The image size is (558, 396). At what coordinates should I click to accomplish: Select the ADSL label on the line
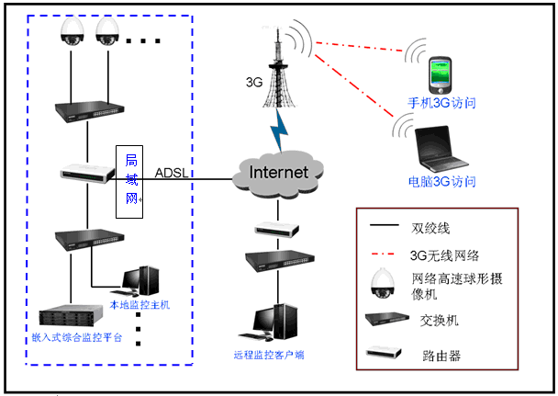172,172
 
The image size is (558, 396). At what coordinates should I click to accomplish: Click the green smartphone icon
441,75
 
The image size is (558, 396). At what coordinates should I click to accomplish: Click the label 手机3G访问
441,104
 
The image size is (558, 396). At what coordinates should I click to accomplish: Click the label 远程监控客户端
269,354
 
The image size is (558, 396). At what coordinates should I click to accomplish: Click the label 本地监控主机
139,303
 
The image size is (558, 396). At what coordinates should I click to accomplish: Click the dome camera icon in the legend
378,284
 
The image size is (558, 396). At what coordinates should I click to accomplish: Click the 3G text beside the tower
254,81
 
